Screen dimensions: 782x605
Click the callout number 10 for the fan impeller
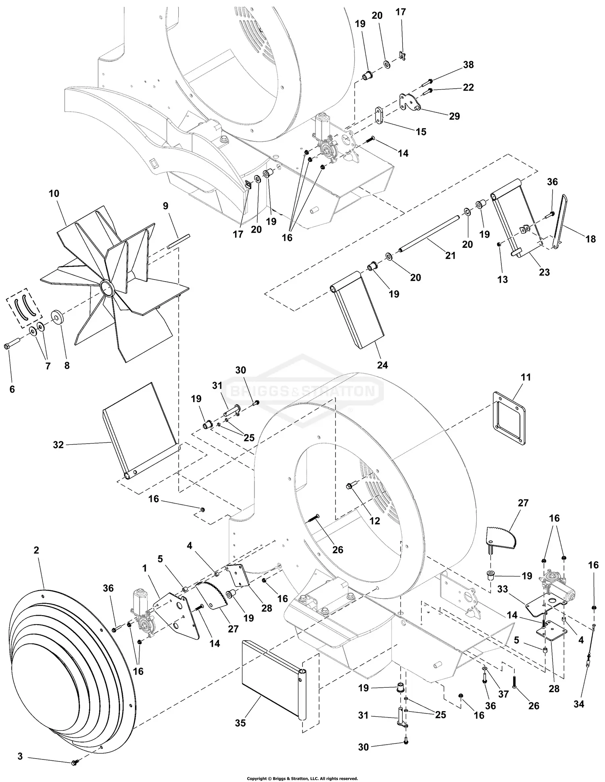pos(54,193)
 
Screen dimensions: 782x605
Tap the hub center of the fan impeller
pos(106,289)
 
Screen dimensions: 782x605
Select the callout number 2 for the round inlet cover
pos(36,550)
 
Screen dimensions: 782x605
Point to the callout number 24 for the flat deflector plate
pos(382,365)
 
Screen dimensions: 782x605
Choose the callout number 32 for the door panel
pos(58,445)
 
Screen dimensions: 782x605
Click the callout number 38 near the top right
pos(468,65)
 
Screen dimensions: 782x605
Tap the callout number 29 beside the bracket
pos(454,116)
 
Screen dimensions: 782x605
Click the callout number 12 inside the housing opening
pos(375,521)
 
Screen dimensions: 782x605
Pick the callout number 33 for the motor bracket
pos(502,589)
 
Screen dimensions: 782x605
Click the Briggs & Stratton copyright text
pos(302,778)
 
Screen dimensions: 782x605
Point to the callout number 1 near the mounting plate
pos(144,568)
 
